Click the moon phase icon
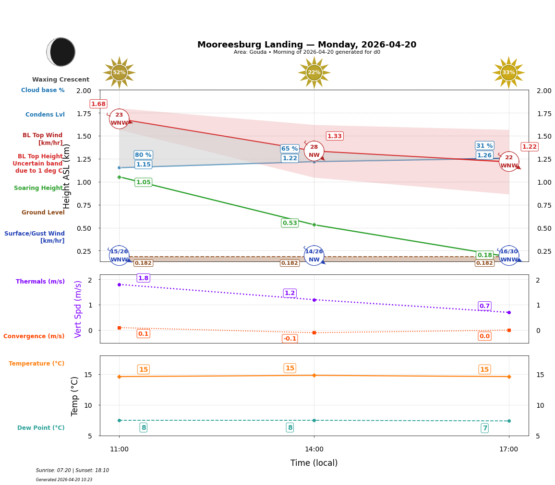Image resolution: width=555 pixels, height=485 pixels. point(61,52)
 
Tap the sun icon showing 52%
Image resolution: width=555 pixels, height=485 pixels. point(119,72)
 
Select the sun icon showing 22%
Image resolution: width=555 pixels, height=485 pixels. point(314,72)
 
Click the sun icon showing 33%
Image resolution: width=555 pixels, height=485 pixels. point(508,72)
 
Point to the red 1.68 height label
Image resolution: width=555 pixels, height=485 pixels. point(98,104)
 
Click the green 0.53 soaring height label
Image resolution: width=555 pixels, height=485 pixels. point(290,223)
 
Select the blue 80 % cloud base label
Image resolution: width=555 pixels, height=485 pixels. point(143,155)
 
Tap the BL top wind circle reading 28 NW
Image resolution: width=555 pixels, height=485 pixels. point(314,151)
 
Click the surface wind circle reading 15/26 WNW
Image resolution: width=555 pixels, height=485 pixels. point(119,255)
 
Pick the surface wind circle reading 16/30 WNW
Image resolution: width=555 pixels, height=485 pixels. point(509,255)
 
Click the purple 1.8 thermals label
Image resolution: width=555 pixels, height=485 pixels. point(143,278)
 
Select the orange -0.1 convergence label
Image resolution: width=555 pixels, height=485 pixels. point(290,339)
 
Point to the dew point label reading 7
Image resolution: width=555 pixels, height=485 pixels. point(484,428)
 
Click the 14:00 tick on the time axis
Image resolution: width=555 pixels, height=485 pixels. point(314,450)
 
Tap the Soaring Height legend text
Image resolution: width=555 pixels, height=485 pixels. point(39,188)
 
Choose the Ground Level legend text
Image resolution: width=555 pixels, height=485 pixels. point(43,213)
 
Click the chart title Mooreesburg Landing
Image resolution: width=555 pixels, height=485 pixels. point(307,45)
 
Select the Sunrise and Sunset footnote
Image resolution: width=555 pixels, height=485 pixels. point(72,471)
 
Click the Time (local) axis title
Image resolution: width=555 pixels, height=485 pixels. point(314,463)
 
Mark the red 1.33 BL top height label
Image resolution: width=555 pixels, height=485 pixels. point(335,136)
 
